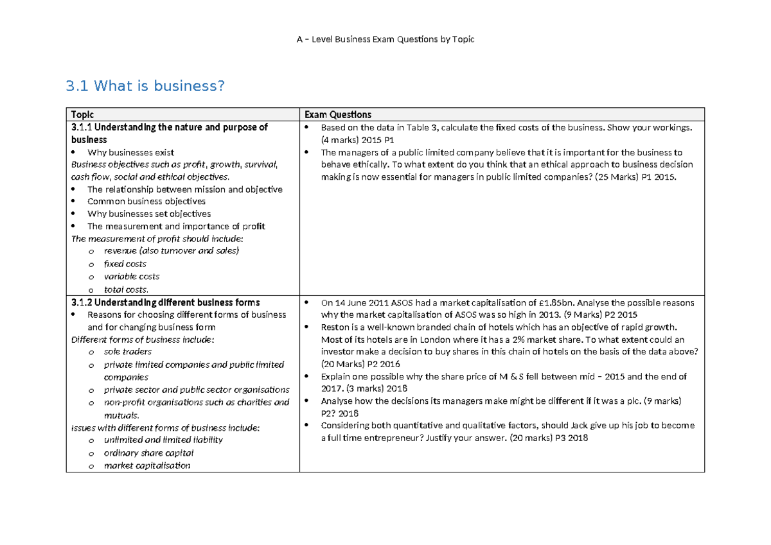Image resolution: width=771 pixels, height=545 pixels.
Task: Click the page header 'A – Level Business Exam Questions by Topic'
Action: [x=385, y=39]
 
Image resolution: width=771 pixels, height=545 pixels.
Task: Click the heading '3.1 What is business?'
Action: [x=146, y=85]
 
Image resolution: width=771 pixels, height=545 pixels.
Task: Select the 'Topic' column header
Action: [x=82, y=114]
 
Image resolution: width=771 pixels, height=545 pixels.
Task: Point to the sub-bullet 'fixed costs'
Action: [x=125, y=264]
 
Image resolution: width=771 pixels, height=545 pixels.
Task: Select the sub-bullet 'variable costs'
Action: [x=132, y=277]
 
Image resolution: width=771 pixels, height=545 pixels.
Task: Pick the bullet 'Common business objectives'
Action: [x=146, y=202]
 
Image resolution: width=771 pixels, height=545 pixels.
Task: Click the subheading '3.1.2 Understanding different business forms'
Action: [x=166, y=302]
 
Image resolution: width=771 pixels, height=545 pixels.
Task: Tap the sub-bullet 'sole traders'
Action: [x=128, y=352]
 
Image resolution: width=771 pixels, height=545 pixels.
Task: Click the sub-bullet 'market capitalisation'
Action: [x=147, y=465]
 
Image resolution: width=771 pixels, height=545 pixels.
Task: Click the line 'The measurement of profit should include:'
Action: [x=157, y=239]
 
